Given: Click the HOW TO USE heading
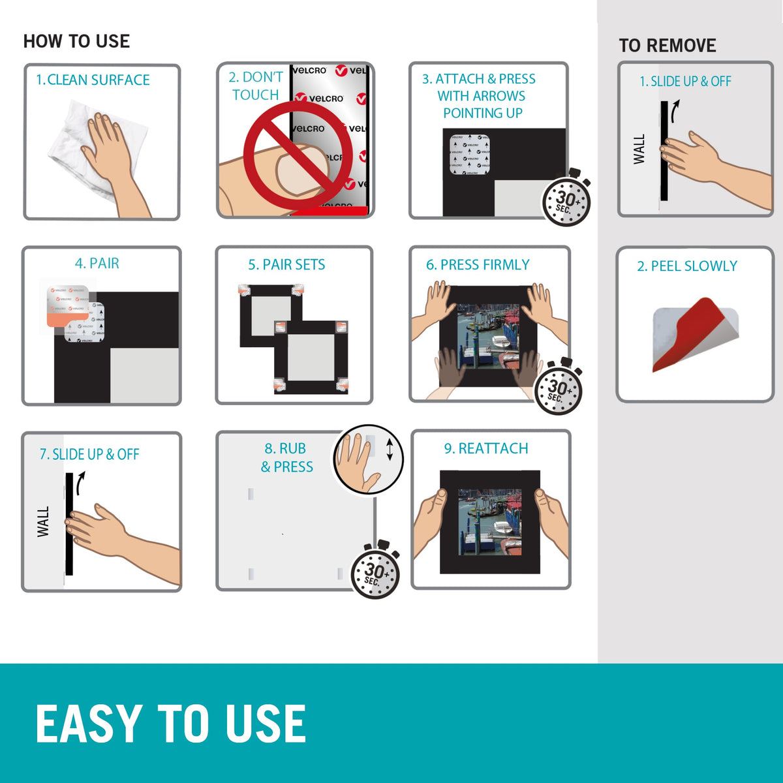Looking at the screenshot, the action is (x=76, y=42).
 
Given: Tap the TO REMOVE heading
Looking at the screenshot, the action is (x=668, y=46).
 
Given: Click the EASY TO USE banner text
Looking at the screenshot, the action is (x=171, y=724).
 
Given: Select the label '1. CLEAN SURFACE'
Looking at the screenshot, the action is (x=93, y=80).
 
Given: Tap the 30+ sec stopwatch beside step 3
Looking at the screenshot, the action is (x=566, y=198).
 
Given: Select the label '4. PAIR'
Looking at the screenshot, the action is (x=97, y=264).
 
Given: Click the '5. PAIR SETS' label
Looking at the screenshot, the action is (x=286, y=265).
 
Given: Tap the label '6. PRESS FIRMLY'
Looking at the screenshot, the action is (x=478, y=265).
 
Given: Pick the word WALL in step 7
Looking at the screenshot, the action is (x=43, y=522).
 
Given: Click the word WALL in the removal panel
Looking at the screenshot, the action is (x=639, y=149).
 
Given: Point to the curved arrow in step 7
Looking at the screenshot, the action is (x=81, y=483).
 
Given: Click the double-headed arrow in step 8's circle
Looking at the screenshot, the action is (x=390, y=450).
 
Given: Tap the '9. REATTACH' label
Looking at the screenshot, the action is (x=486, y=448).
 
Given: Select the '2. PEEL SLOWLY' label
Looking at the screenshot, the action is (x=686, y=266).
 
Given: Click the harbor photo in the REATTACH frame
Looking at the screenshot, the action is (x=489, y=522).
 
